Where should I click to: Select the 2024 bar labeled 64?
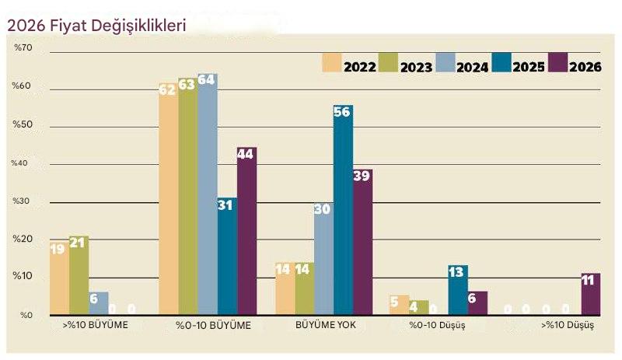(207, 194)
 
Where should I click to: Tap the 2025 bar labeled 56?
(343, 210)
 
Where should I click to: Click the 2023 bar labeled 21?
(79, 275)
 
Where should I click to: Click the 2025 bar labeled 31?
(227, 256)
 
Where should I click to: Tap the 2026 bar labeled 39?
(362, 242)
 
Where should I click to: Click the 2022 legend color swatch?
(333, 62)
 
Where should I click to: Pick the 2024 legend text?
(473, 67)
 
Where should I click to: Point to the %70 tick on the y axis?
(23, 48)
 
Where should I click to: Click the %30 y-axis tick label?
(23, 201)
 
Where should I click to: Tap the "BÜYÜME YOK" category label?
(326, 325)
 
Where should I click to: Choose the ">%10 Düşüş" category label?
(568, 325)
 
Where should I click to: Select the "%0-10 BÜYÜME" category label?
(213, 325)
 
